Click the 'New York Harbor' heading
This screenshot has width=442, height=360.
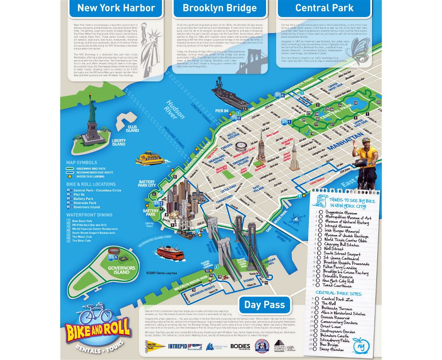pos(116,8)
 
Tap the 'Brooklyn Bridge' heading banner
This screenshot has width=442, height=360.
pos(219,8)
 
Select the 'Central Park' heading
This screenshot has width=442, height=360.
pos(324,8)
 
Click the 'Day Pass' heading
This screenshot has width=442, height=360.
pos(264,304)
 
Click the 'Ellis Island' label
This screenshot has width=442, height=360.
pos(132,128)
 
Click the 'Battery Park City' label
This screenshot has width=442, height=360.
pos(147,184)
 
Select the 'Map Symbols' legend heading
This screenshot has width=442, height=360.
pos(81,163)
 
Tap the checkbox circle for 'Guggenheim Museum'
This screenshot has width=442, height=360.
pos(322,212)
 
